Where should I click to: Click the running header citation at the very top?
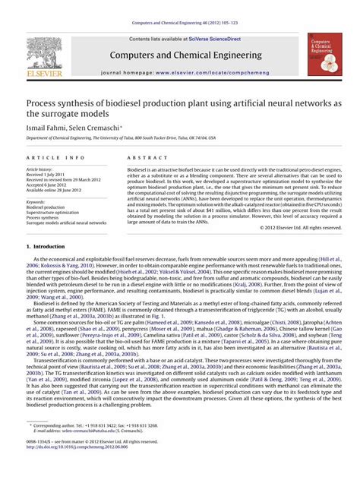coord(180,24)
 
